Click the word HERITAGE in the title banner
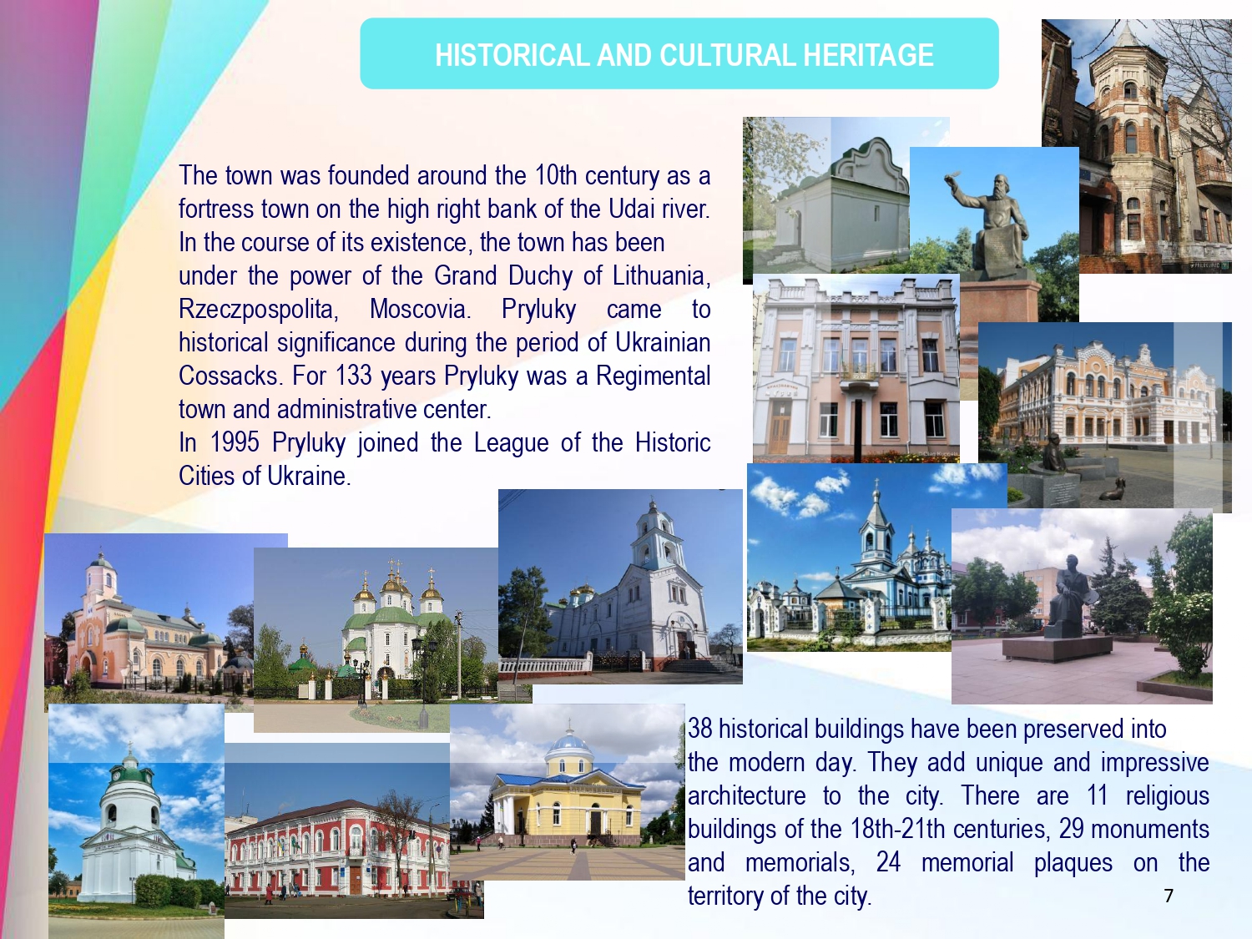868,55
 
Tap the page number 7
1169,896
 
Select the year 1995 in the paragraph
235,442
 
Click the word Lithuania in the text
662,276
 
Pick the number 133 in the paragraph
353,376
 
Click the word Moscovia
421,309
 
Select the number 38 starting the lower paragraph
699,729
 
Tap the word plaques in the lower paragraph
1073,863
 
